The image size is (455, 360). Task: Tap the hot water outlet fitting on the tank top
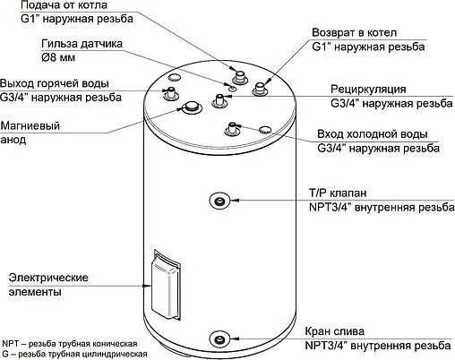point(168,93)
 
